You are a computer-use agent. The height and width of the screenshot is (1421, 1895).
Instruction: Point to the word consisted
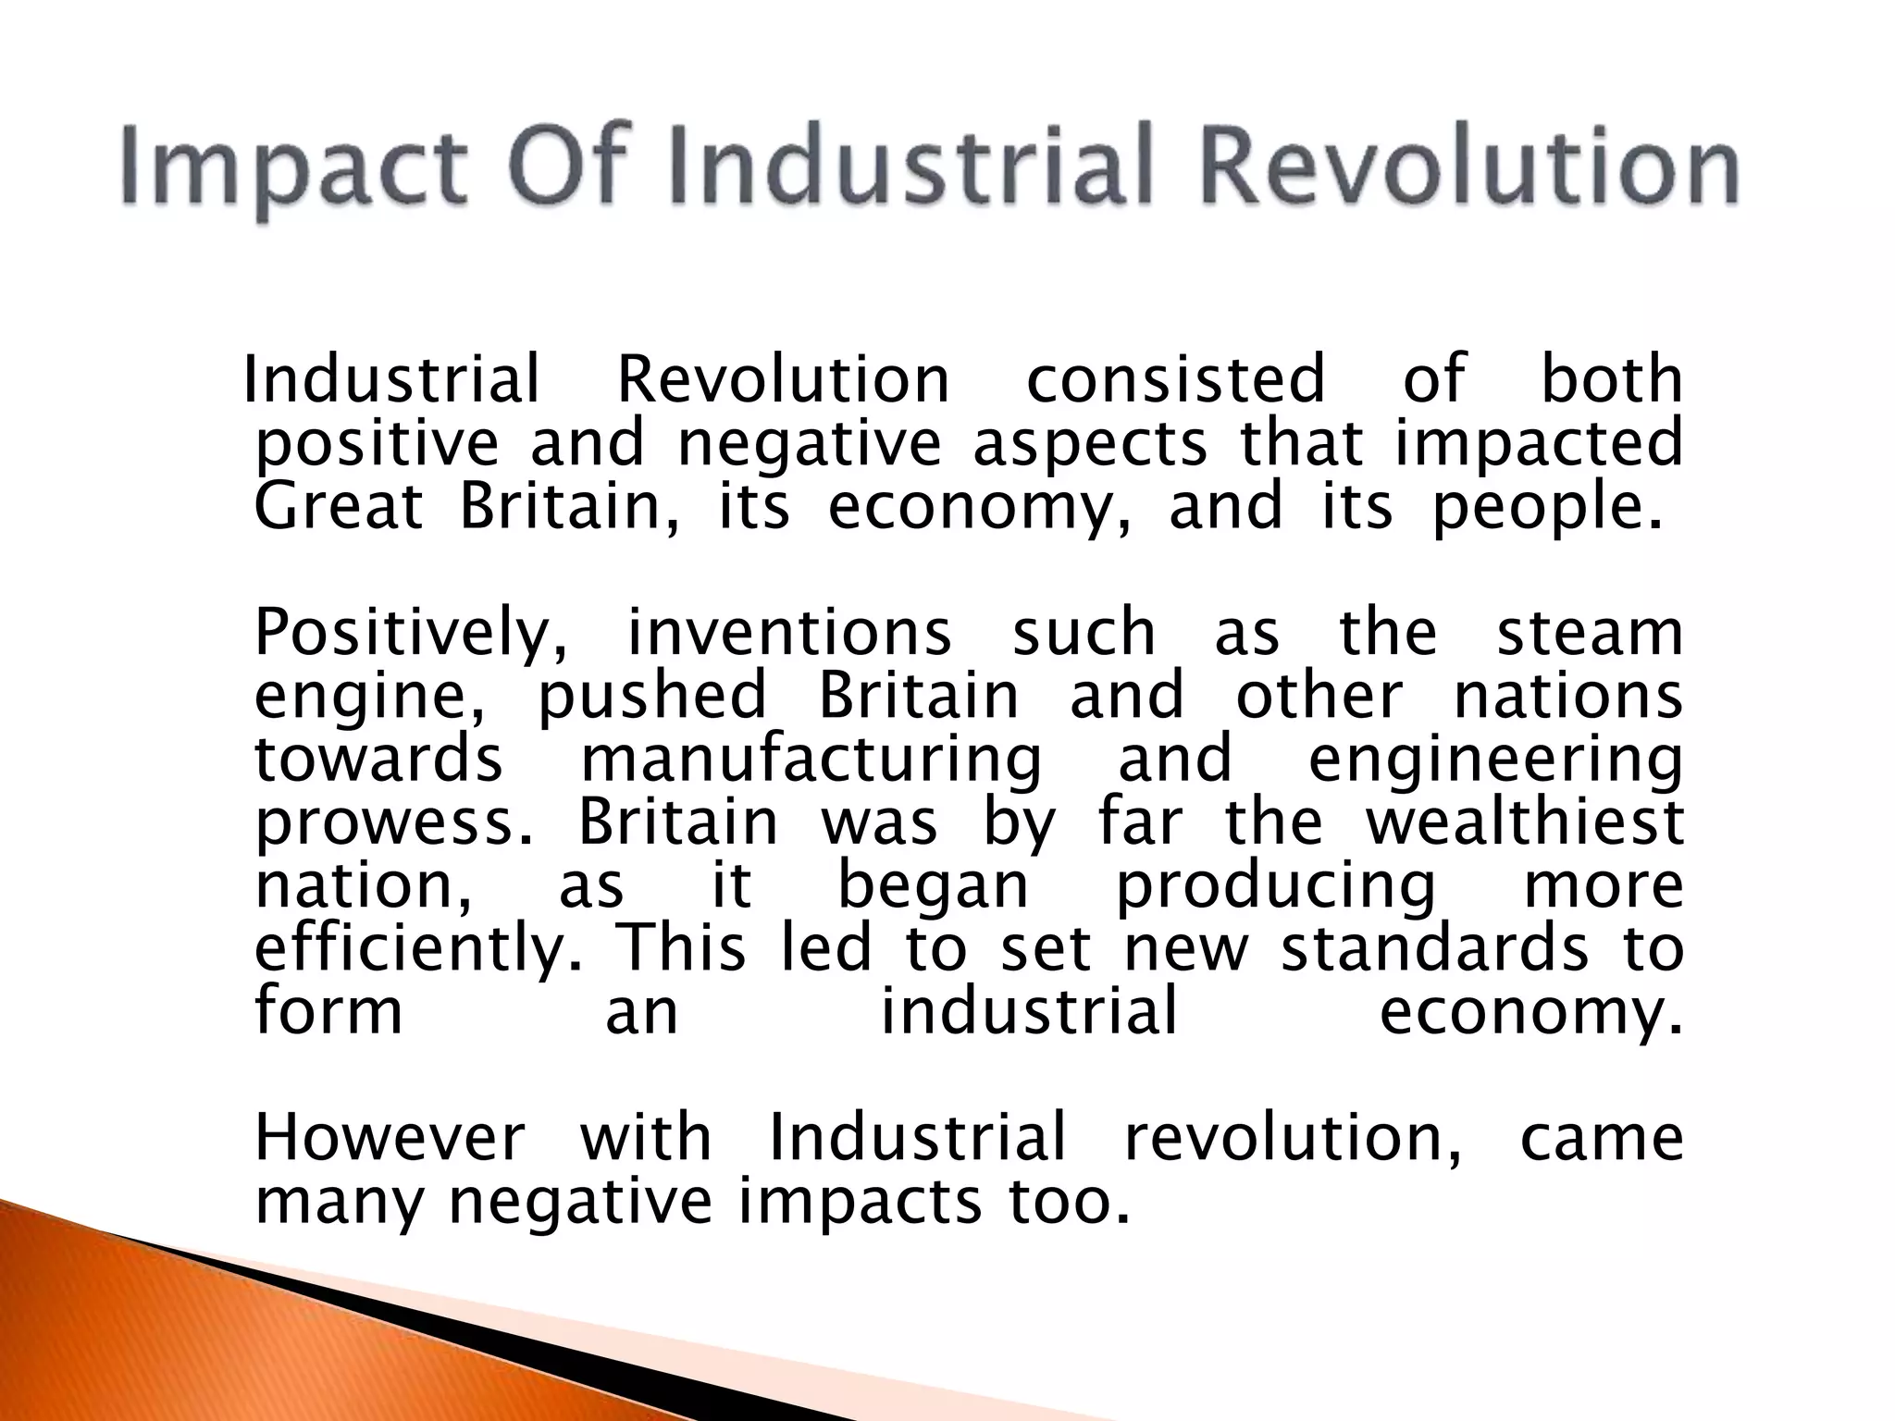pyautogui.click(x=1176, y=379)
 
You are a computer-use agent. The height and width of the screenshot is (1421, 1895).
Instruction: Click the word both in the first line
pyautogui.click(x=1611, y=379)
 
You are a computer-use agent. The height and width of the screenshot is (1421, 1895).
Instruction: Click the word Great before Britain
pyautogui.click(x=339, y=507)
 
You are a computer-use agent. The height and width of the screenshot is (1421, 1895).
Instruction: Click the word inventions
pyautogui.click(x=789, y=634)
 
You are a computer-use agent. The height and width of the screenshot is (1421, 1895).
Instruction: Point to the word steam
pyautogui.click(x=1590, y=634)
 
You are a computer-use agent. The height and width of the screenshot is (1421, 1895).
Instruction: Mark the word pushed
pyautogui.click(x=652, y=697)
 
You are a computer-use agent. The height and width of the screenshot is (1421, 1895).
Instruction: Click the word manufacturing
pyautogui.click(x=811, y=761)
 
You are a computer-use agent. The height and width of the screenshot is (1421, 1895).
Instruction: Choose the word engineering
pyautogui.click(x=1495, y=761)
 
